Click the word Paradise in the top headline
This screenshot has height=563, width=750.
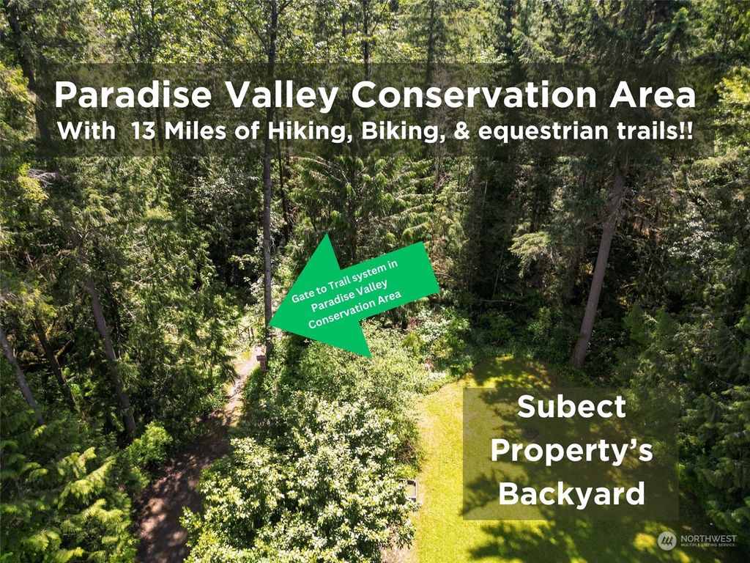pos(133,95)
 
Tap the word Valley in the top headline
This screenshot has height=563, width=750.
pos(282,96)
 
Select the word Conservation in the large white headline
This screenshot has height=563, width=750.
pos(474,95)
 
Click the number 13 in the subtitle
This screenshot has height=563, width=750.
pos(144,130)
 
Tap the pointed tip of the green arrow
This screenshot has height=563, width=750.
pos(270,325)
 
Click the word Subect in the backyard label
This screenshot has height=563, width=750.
pos(571,406)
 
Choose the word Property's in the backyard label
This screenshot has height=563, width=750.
pos(571,451)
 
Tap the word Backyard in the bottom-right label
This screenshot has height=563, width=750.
pos(571,493)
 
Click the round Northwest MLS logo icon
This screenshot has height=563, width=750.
pos(667,540)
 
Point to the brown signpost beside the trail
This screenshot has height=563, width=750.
pos(261,358)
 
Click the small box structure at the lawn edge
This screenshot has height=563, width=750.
pos(410,490)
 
